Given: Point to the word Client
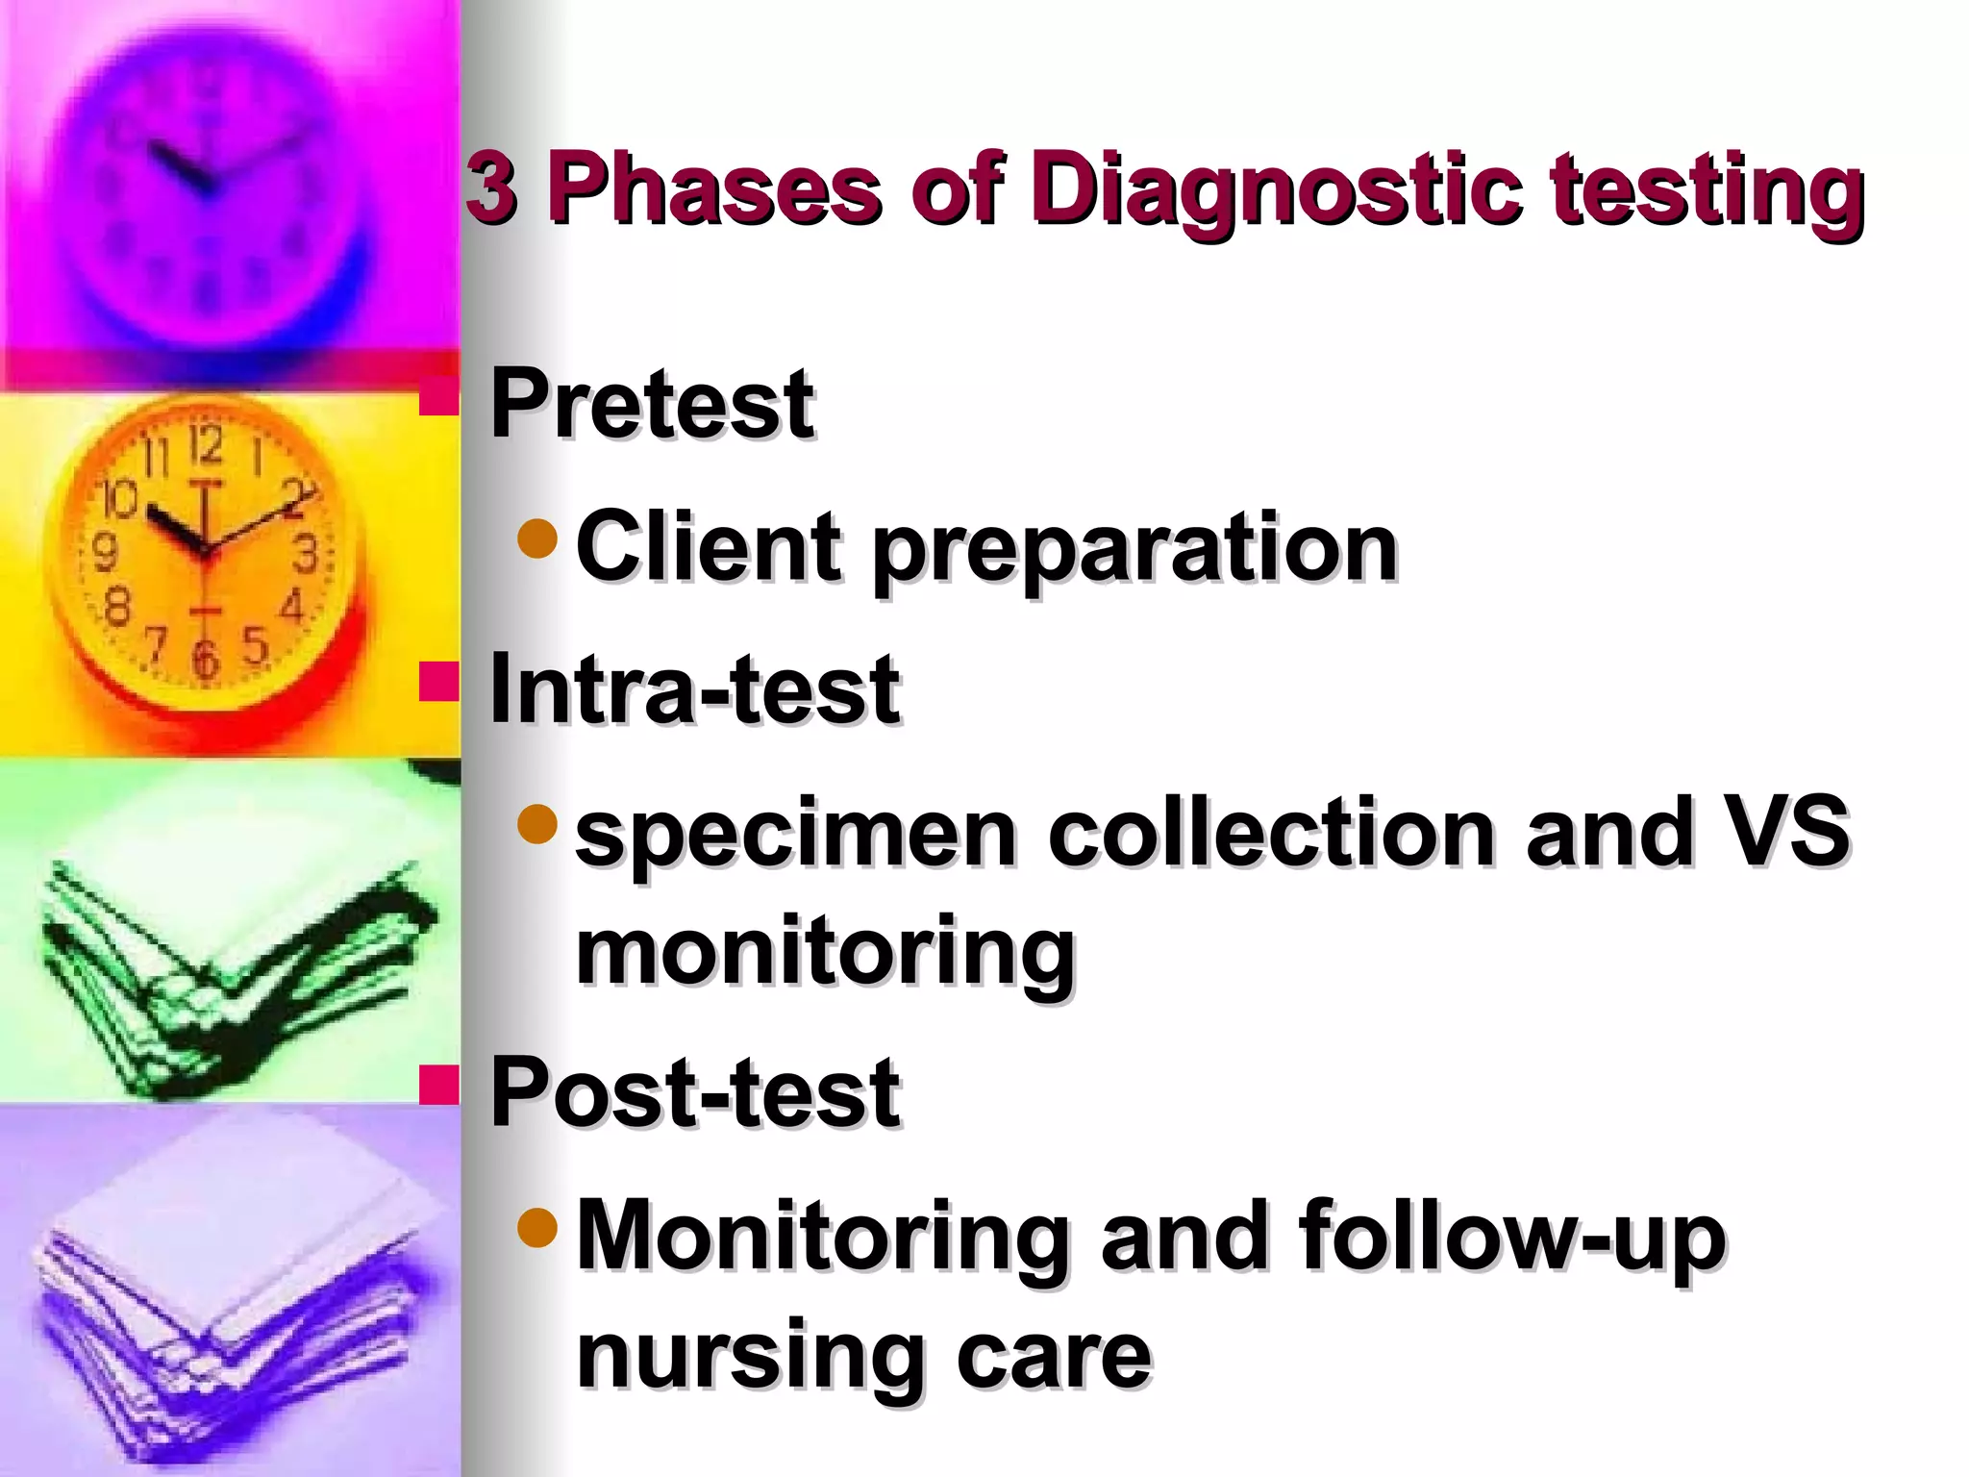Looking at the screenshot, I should [x=708, y=546].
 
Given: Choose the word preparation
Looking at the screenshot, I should [x=1134, y=550].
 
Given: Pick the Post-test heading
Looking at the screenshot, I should [x=694, y=1092].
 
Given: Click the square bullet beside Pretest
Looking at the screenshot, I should [x=438, y=395].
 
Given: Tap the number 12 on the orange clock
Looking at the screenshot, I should [x=205, y=445].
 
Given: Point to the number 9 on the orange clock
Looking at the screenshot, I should [x=104, y=553].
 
